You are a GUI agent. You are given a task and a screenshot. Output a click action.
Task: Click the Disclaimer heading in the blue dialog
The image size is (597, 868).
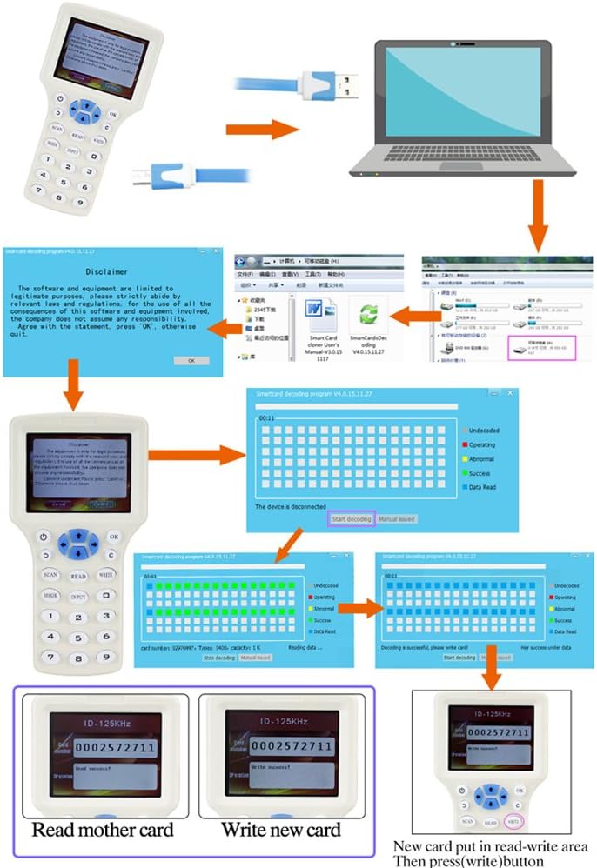tap(110, 270)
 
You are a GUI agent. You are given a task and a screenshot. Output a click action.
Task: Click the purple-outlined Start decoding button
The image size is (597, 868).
tap(352, 519)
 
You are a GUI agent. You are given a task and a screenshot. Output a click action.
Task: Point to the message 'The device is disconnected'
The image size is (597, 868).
tap(291, 506)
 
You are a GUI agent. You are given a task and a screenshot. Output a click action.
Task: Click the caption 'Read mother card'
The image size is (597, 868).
tap(103, 829)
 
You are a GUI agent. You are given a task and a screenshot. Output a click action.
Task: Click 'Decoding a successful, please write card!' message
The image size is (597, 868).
tap(429, 646)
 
